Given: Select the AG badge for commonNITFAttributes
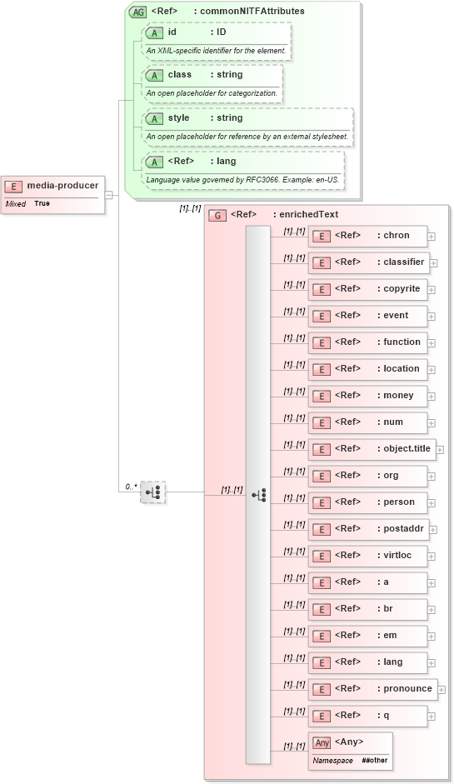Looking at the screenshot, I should [x=137, y=12].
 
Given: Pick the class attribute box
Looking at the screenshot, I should [x=212, y=82].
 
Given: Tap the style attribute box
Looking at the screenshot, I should [x=247, y=126].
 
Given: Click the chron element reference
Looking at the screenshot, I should [x=367, y=236].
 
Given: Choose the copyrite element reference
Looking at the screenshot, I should [x=367, y=289].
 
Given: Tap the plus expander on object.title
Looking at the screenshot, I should [x=440, y=449].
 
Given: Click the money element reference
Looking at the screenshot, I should [x=367, y=396].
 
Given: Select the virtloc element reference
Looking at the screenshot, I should [x=367, y=556].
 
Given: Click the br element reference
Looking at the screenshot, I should [x=367, y=609].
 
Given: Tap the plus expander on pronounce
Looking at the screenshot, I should [x=442, y=689].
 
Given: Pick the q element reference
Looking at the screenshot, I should [x=367, y=716].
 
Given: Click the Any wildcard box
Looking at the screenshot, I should [x=350, y=750].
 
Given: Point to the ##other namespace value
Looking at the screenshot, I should [x=372, y=761].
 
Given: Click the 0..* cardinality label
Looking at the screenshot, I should [x=131, y=486].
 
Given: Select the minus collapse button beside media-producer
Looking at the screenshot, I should [x=109, y=194].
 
